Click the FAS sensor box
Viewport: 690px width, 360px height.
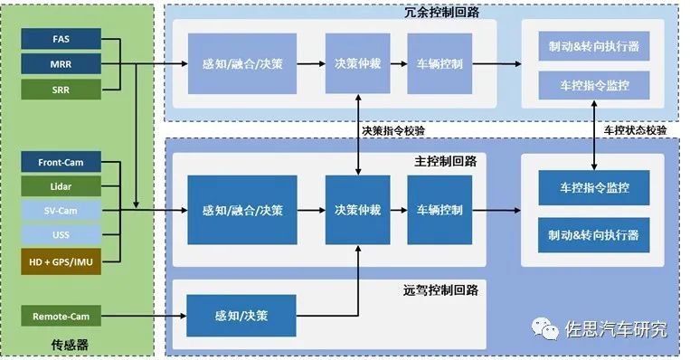[61, 41]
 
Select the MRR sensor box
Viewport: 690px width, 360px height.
[61, 64]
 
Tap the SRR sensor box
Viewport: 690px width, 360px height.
[61, 89]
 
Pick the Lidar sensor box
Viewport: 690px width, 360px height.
[61, 186]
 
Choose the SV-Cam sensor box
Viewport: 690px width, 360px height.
[61, 211]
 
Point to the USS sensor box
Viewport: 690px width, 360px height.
[61, 235]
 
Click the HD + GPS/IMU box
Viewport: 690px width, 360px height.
[61, 261]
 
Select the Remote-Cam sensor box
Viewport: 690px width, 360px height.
[61, 317]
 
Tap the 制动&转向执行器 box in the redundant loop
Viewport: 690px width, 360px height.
[593, 46]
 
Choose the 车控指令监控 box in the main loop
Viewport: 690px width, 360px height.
[593, 187]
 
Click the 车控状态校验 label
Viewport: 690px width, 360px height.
[635, 130]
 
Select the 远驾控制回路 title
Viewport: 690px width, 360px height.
[440, 290]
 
